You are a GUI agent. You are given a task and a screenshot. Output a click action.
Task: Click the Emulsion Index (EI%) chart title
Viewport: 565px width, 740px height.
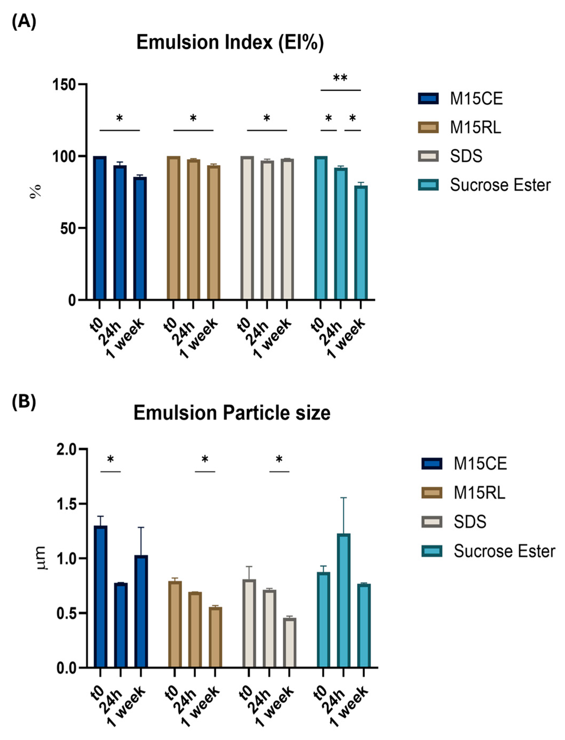230,43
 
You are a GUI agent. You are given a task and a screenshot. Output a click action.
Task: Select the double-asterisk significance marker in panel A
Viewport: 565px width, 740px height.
340,78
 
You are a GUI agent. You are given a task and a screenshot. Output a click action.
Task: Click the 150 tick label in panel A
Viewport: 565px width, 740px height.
64,84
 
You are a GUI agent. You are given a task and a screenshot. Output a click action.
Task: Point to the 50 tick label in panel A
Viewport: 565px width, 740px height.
68,228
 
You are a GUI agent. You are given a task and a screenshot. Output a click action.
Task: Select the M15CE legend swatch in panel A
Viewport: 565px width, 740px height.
428,99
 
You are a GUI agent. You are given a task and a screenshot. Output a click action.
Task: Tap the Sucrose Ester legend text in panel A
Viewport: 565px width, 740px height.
500,185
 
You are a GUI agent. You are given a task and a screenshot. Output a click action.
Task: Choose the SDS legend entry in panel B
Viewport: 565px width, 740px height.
469,522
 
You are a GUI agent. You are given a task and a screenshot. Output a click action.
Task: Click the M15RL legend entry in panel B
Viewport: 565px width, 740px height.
479,493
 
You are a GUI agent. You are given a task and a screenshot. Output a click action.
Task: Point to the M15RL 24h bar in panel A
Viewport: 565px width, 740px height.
193,229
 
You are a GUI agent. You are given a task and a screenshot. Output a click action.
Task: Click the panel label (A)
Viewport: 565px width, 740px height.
24,23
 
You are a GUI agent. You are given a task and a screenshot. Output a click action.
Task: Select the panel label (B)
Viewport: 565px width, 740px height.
24,393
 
